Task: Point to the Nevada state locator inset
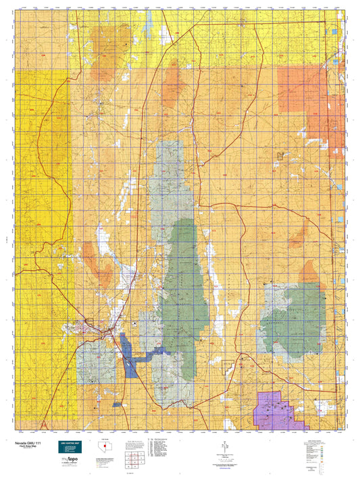coord(104,447)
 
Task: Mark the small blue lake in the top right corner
coord(334,31)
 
